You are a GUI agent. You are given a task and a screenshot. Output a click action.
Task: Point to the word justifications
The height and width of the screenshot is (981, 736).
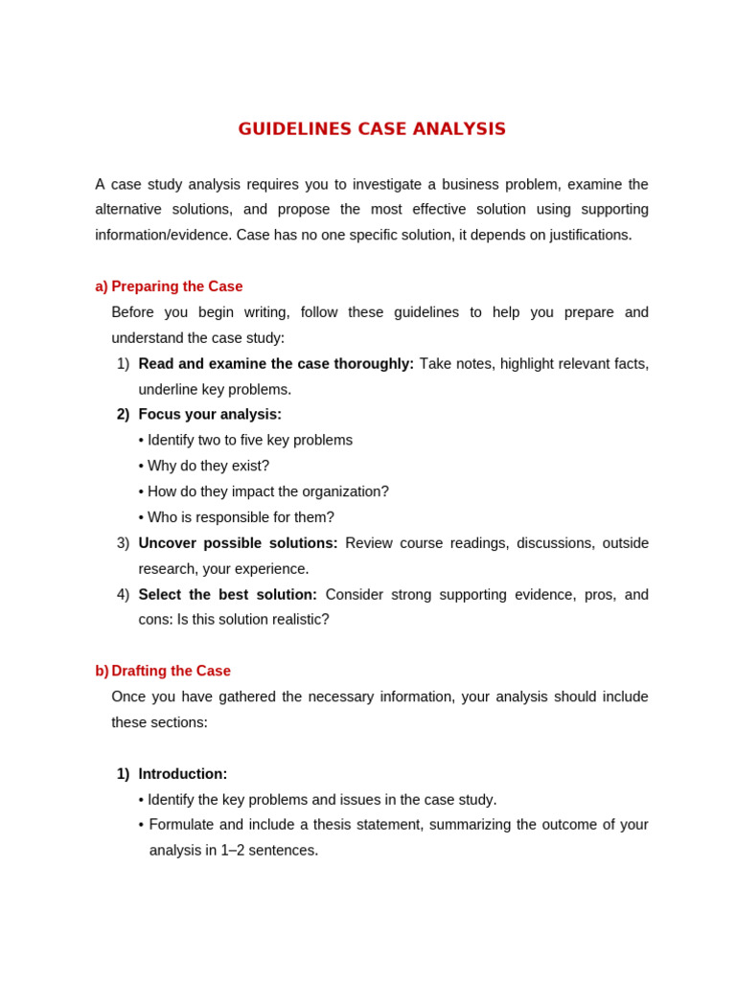[x=585, y=235]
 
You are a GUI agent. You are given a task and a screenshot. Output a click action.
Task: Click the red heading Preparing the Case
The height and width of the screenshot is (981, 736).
[x=176, y=286]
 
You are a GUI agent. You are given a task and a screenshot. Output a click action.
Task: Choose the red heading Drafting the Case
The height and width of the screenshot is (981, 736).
[x=171, y=671]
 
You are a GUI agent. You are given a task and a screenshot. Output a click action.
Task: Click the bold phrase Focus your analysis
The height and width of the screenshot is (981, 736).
[x=209, y=415]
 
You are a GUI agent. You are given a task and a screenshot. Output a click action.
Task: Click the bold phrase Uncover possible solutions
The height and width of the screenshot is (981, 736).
[x=238, y=543]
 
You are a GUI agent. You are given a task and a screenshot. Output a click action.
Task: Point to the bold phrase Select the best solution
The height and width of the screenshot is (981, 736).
[x=227, y=595]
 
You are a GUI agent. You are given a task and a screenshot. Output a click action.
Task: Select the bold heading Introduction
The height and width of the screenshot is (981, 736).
[x=182, y=774]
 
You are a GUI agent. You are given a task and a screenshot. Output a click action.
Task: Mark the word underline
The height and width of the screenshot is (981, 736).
[x=168, y=390]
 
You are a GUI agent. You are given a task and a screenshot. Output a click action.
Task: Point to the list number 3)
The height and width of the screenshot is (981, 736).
[x=123, y=543]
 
